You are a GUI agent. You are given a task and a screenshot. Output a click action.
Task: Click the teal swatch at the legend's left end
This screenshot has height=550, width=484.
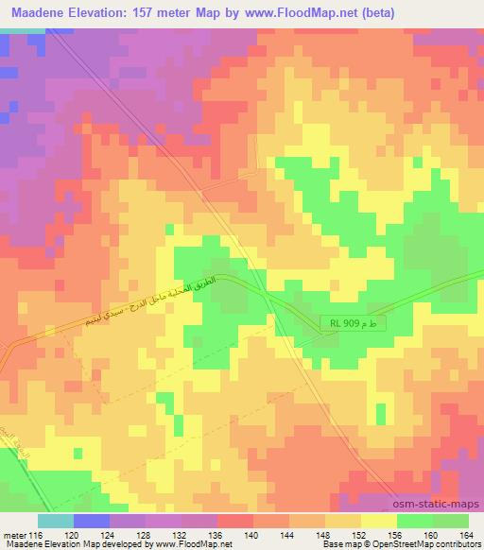[56, 521]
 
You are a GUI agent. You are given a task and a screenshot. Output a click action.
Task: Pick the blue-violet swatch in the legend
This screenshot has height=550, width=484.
[92, 521]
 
